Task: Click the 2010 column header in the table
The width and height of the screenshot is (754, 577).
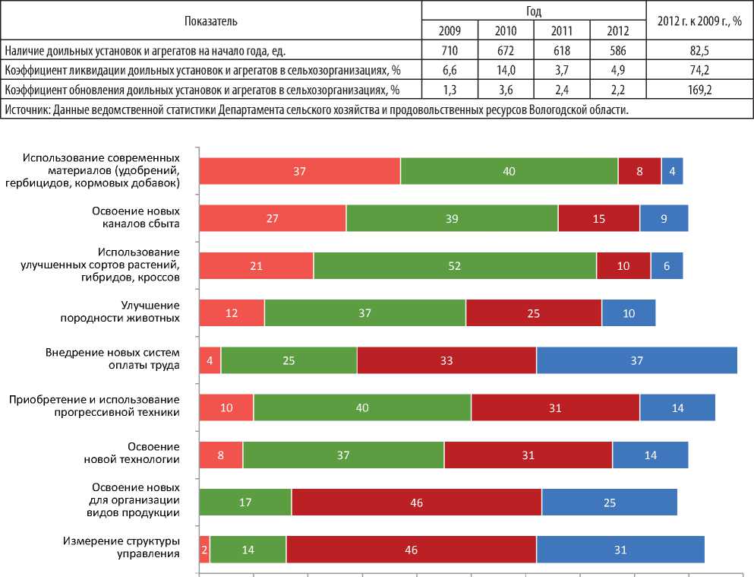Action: (505, 30)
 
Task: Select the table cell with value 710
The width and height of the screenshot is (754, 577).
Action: (450, 51)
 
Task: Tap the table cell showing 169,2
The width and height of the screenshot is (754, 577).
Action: (699, 90)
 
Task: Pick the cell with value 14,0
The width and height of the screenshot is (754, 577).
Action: (505, 71)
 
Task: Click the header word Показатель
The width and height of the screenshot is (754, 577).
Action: (211, 21)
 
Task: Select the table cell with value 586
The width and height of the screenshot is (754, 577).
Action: (618, 51)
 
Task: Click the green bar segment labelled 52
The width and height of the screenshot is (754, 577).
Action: (455, 265)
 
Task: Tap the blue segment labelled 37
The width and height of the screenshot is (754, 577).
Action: (636, 360)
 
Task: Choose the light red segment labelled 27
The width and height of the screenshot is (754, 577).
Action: (272, 218)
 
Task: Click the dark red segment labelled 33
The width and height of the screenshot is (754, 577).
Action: (446, 360)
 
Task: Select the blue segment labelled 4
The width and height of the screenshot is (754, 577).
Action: (672, 171)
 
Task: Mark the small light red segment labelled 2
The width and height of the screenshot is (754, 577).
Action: (204, 549)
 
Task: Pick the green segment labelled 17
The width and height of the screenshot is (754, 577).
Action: (244, 502)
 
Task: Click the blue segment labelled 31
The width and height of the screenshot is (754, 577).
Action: (620, 549)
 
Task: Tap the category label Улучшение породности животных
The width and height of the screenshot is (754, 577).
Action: (134, 312)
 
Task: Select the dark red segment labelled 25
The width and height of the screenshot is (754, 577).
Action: (534, 312)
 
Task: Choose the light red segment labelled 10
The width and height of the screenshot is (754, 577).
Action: (226, 407)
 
